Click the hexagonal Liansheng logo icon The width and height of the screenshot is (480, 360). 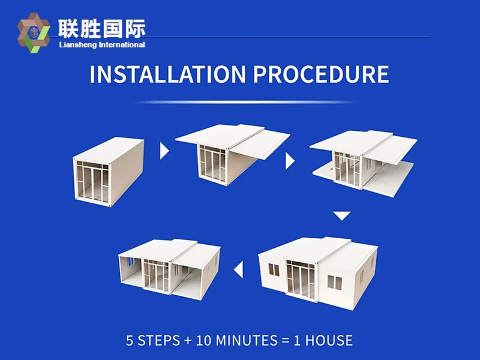(x=34, y=33)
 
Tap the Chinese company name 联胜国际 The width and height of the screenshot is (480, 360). (x=101, y=28)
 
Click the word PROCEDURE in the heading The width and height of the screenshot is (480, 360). (x=320, y=74)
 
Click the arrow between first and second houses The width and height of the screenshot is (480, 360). (x=164, y=150)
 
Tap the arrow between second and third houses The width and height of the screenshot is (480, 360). (x=290, y=161)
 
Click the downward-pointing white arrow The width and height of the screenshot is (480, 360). (x=341, y=215)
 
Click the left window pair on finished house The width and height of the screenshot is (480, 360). (x=272, y=268)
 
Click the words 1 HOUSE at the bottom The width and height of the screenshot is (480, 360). (x=324, y=340)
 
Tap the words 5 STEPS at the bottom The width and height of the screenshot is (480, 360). (x=152, y=340)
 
